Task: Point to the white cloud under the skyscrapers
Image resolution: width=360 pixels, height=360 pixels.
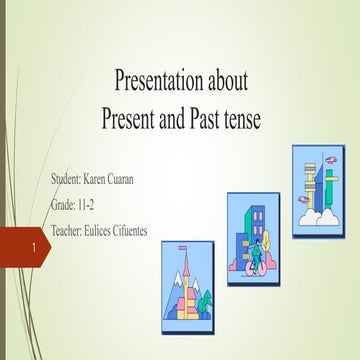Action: click(318, 214)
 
